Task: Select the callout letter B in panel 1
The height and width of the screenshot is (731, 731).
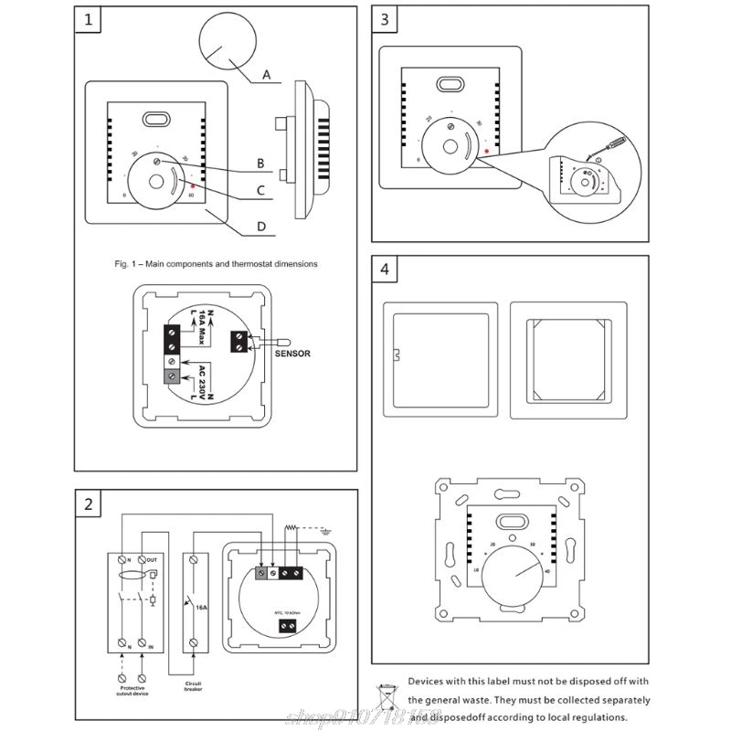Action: click(x=260, y=164)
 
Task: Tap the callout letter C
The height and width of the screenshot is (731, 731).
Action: click(x=260, y=191)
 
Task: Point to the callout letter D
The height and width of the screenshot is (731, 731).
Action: click(x=260, y=228)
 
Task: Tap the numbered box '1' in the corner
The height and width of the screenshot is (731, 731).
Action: click(x=88, y=20)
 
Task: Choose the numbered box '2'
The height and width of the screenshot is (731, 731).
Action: click(x=88, y=504)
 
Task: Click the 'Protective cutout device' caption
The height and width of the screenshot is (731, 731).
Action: click(x=123, y=690)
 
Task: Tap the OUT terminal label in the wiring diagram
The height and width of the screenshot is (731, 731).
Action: click(x=153, y=559)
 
